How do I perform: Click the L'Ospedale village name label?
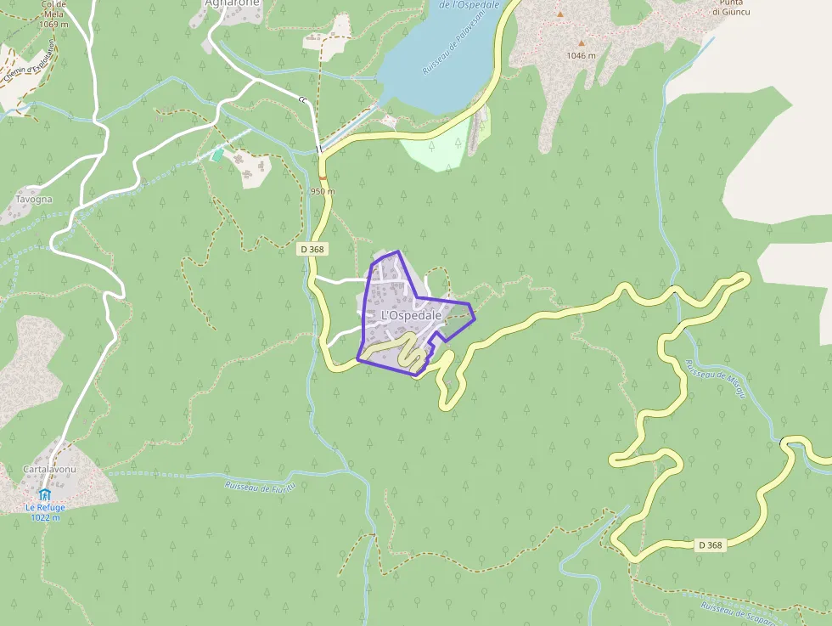tap(412, 315)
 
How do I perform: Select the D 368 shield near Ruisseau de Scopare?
tap(709, 545)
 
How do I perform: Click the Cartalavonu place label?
tap(50, 470)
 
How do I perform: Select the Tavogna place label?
tap(34, 200)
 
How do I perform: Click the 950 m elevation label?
tap(323, 191)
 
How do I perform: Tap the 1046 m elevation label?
tap(582, 56)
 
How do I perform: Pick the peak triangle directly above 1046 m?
tap(582, 43)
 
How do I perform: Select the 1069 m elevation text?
tap(53, 24)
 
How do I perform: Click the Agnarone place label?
tap(232, 3)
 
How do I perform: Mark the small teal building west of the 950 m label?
tap(217, 155)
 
